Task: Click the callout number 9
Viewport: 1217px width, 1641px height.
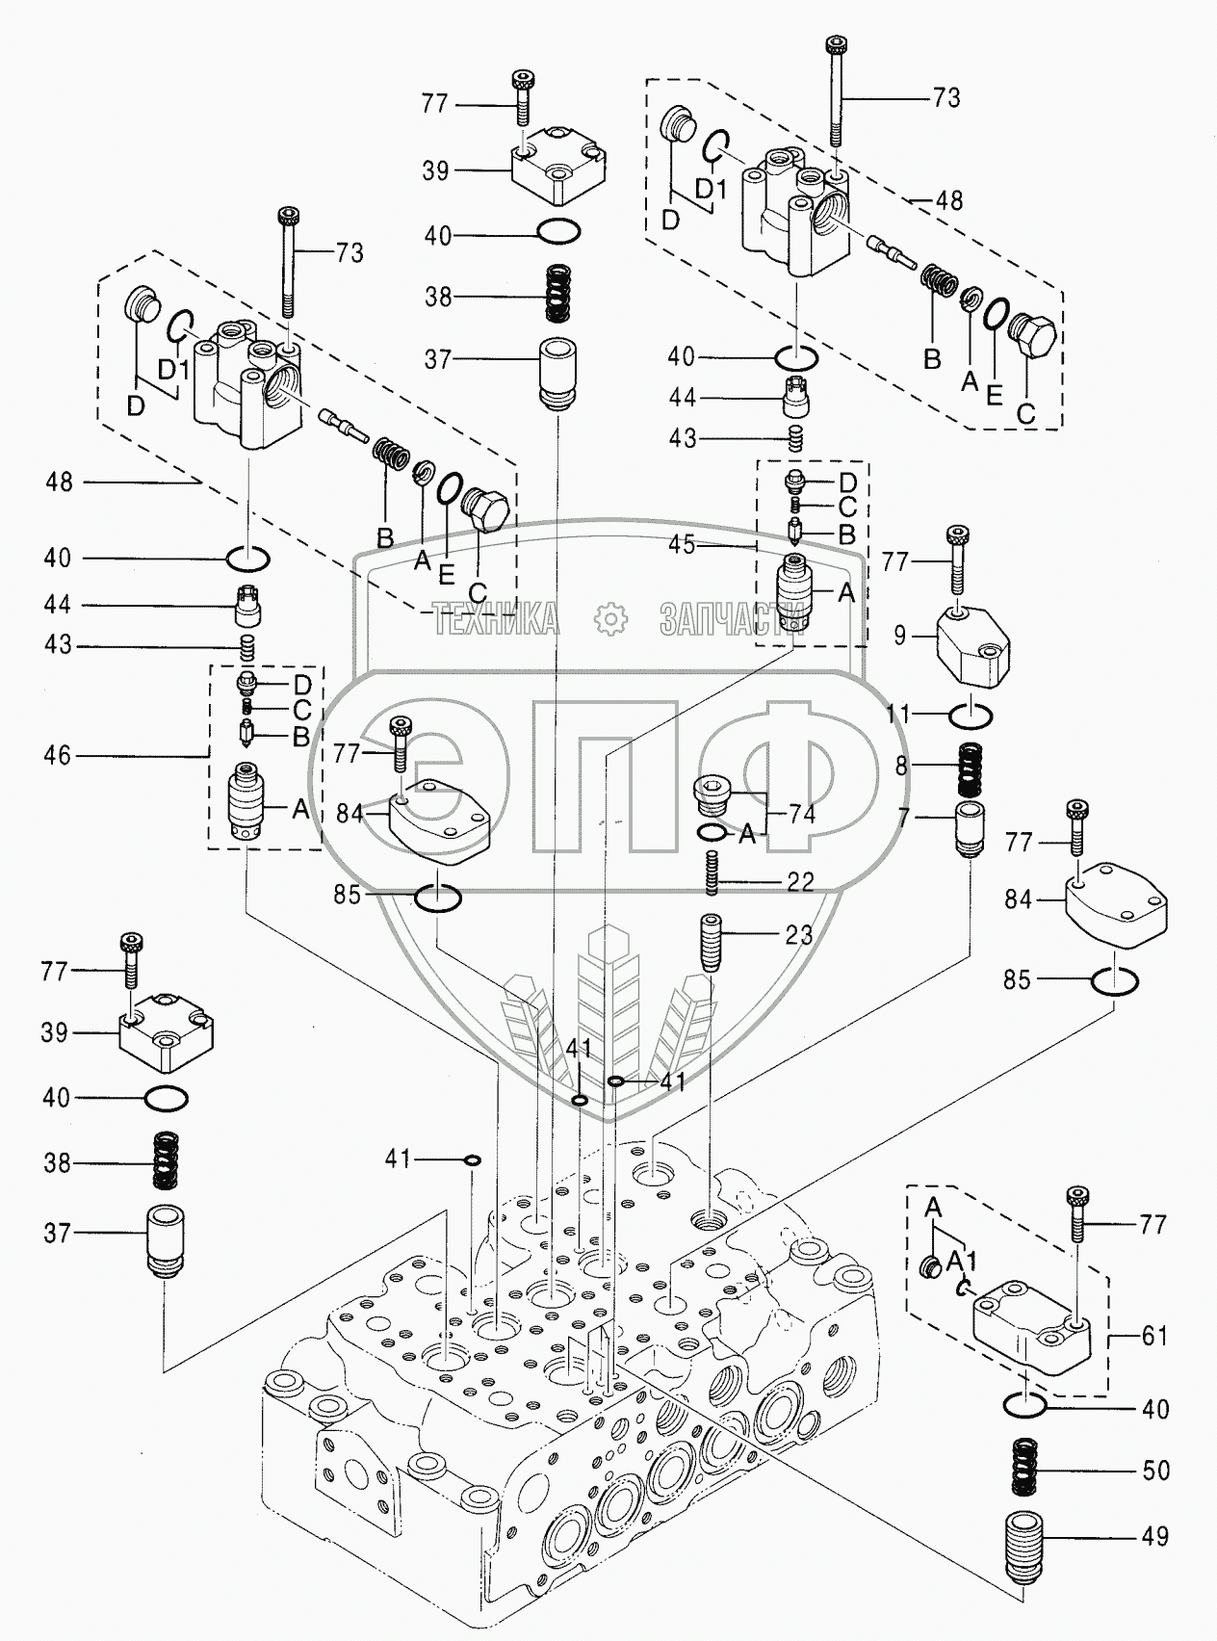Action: tap(899, 637)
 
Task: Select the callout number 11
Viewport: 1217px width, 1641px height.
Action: tap(898, 714)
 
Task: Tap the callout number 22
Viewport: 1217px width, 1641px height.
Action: tap(800, 881)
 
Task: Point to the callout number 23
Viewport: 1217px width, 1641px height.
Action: tap(798, 934)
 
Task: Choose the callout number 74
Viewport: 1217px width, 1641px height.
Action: tap(801, 814)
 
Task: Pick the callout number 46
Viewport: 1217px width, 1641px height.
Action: tap(58, 755)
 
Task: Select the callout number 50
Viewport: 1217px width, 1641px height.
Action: tap(1155, 1471)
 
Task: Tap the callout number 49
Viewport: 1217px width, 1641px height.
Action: tap(1155, 1536)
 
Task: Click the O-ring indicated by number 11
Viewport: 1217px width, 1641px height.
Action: tap(971, 716)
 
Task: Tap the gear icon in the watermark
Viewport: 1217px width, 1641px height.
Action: tap(608, 618)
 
